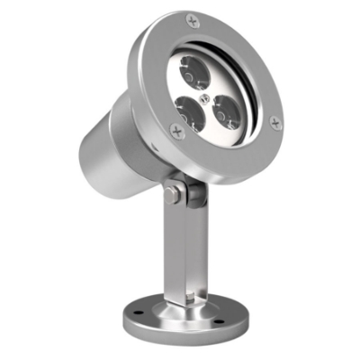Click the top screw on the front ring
(193, 21)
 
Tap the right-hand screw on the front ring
(274, 122)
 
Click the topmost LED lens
(195, 67)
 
